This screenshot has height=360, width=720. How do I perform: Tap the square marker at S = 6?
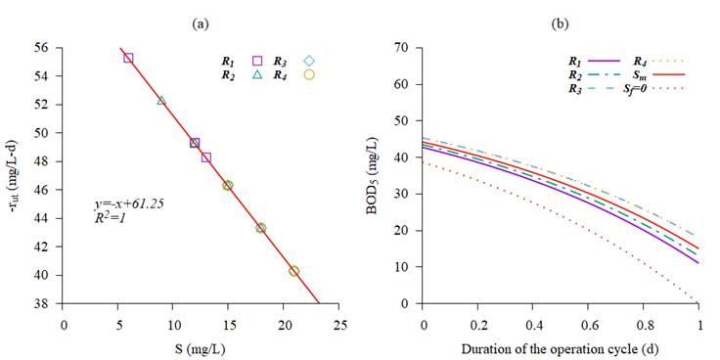point(128,58)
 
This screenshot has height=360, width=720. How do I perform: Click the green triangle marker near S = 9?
point(161,101)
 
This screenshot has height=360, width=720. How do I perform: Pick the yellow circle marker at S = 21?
point(293,271)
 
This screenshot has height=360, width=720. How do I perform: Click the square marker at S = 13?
point(205,157)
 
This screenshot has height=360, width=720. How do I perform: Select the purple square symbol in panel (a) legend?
point(257,61)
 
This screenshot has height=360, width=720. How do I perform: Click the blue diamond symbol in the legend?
point(309,61)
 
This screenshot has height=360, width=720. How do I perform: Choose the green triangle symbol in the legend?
point(257,74)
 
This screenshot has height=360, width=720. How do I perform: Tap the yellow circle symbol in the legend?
point(309,74)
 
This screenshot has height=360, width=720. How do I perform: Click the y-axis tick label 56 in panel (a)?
point(42,47)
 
